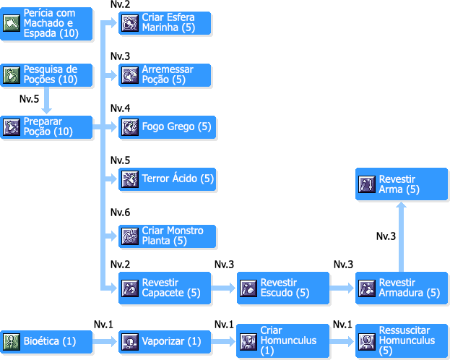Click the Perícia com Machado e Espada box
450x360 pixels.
click(x=47, y=24)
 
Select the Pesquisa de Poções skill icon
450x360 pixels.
click(x=12, y=75)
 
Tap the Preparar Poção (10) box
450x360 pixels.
click(x=47, y=127)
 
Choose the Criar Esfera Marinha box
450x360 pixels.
click(x=165, y=24)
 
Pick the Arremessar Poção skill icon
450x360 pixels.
click(x=130, y=75)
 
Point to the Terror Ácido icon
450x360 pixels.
click(x=130, y=179)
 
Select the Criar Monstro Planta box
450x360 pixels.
click(x=165, y=236)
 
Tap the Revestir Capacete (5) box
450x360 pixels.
click(x=165, y=288)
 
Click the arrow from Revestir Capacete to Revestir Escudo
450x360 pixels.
click(x=225, y=288)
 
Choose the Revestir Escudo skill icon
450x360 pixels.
click(x=248, y=288)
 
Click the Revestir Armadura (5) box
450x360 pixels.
click(x=402, y=288)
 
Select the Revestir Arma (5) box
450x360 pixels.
click(x=402, y=184)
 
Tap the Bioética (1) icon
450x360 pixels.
click(x=12, y=340)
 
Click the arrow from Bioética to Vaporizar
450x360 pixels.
click(x=106, y=340)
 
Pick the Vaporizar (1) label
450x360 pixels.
click(x=171, y=340)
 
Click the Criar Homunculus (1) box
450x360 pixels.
click(x=283, y=340)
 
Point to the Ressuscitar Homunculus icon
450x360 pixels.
click(x=367, y=340)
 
